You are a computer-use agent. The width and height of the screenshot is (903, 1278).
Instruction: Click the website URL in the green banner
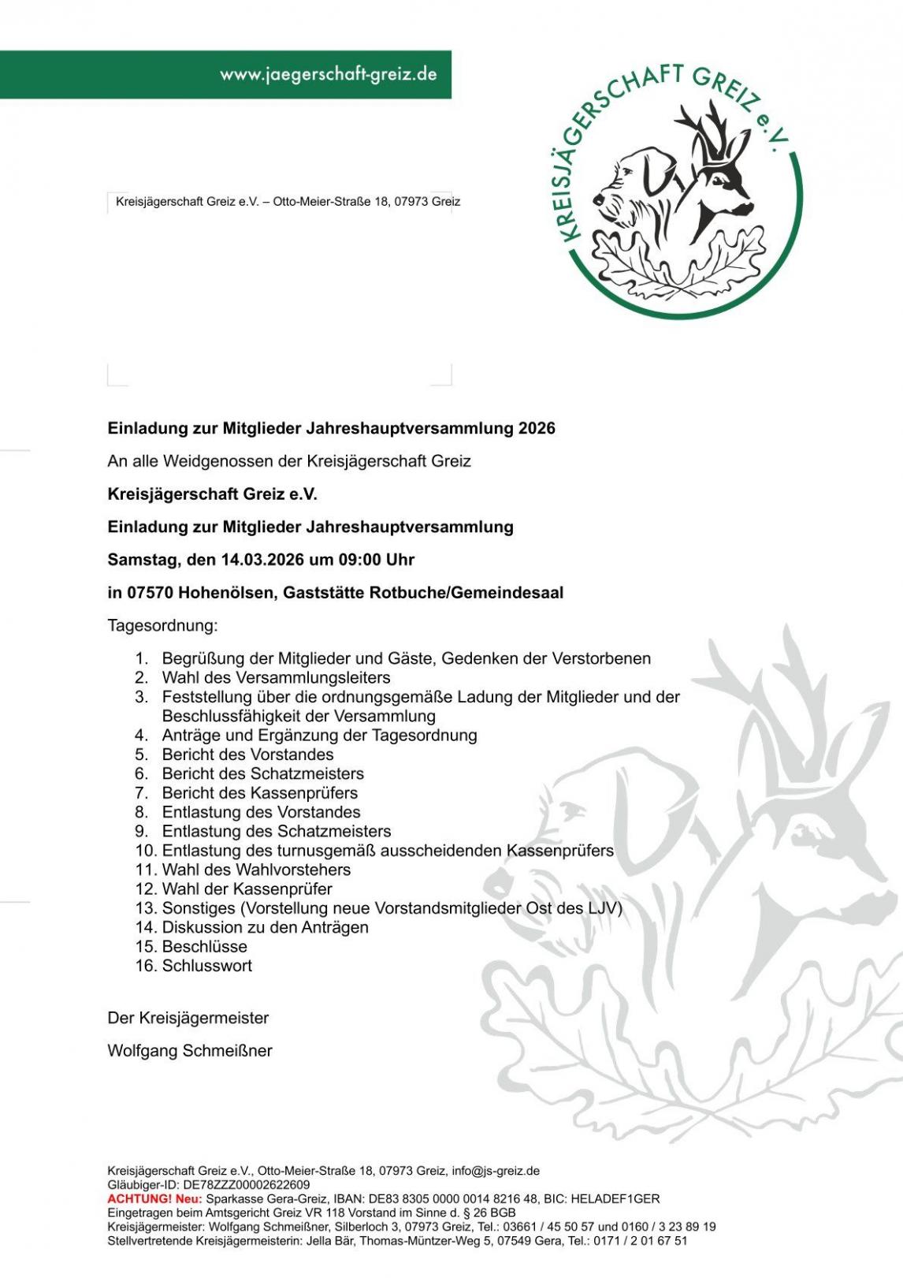(x=328, y=74)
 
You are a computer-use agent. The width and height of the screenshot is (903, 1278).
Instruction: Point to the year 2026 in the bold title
(x=537, y=428)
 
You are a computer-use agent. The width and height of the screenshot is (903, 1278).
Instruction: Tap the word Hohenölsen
(x=226, y=593)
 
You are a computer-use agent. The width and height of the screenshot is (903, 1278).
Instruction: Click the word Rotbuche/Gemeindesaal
(x=466, y=593)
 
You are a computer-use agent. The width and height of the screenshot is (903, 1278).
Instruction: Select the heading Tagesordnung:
(x=162, y=626)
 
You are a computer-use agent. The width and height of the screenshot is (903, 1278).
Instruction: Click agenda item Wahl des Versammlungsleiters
(x=276, y=677)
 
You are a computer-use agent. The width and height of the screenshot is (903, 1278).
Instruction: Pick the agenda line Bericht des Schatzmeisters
(x=262, y=773)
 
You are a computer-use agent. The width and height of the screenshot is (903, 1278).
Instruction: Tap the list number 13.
(x=146, y=908)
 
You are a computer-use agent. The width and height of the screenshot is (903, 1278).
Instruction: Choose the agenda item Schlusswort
(x=206, y=966)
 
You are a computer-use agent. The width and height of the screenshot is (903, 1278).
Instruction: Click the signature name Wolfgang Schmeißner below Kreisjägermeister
(x=190, y=1051)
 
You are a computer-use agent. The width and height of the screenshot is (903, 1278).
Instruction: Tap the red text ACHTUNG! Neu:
(x=154, y=1198)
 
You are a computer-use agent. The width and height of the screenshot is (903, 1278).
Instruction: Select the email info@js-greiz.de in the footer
(x=495, y=1171)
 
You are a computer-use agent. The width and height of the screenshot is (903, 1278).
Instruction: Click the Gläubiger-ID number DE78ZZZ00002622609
(x=246, y=1184)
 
